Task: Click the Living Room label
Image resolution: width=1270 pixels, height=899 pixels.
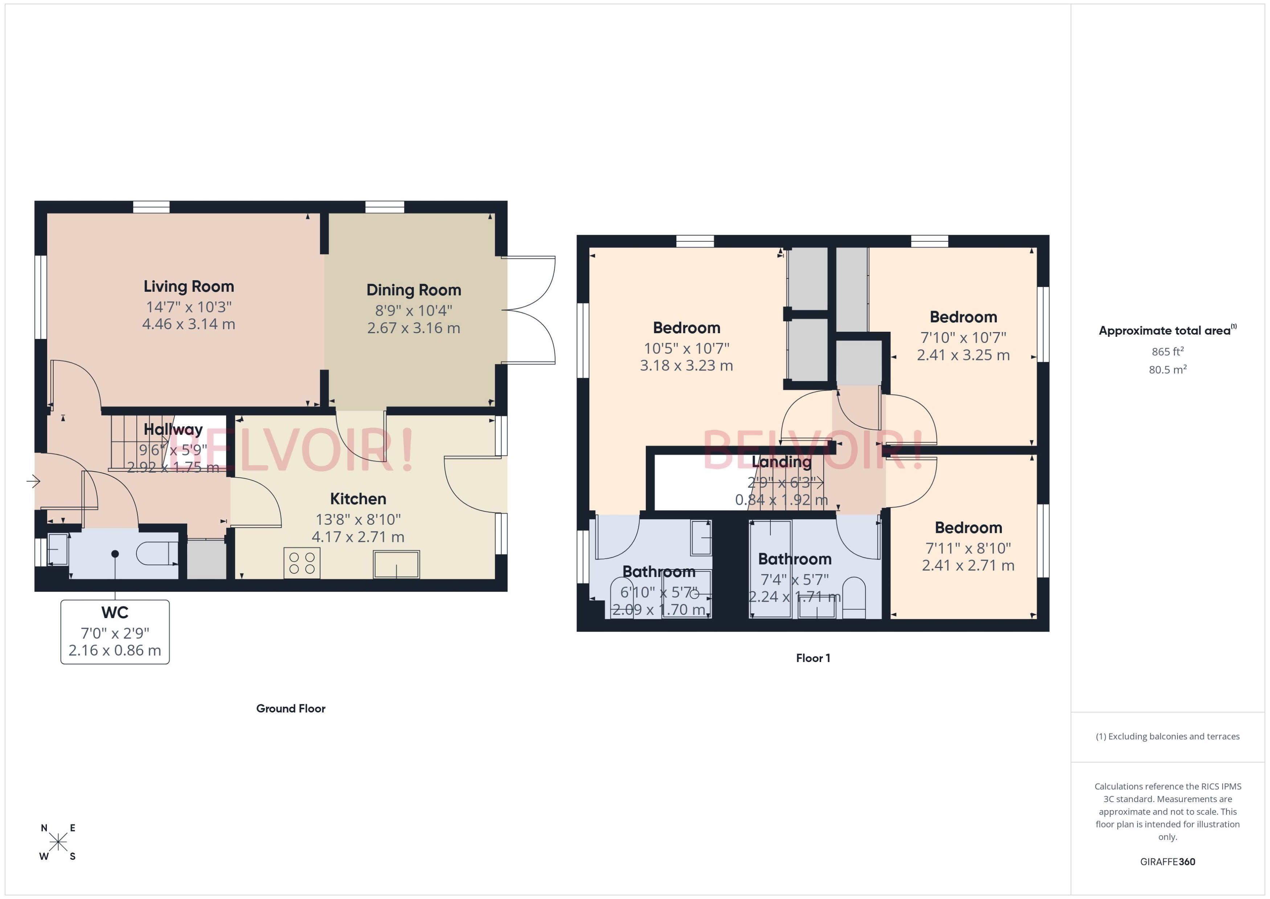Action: coord(189,286)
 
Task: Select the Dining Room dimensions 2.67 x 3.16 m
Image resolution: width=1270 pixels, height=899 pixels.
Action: coord(413,328)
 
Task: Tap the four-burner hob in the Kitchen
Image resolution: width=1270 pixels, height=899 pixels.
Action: coord(302,563)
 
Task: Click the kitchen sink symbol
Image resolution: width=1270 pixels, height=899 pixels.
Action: coord(396,564)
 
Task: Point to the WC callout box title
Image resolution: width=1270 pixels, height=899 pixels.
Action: coord(115,612)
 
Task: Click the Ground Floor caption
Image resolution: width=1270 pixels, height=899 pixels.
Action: coord(291,708)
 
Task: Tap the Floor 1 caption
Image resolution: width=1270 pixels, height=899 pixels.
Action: coord(812,658)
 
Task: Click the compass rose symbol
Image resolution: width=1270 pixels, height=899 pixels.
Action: coord(58,842)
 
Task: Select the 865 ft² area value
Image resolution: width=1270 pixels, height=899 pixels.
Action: coord(1167,352)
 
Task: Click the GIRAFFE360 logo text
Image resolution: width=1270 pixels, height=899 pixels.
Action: coord(1167,862)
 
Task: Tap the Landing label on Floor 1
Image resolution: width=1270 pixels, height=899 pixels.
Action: coord(781,462)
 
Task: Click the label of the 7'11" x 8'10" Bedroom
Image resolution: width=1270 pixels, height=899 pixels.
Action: coord(968,528)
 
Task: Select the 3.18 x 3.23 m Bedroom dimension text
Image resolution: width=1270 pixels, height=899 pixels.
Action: coord(686,365)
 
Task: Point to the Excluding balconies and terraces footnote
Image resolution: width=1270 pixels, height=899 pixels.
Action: coord(1167,736)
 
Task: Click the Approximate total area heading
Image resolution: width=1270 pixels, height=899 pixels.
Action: coord(1165,331)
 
